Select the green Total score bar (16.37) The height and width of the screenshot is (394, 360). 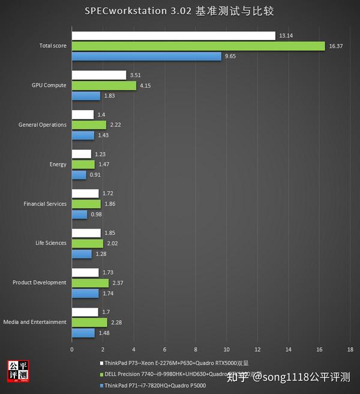(198, 46)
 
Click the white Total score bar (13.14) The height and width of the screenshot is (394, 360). (173, 36)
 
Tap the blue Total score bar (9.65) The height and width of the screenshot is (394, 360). (146, 56)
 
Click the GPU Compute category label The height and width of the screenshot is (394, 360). (49, 86)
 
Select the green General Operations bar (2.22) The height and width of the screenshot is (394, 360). (89, 125)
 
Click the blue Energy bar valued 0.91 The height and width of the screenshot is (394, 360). (79, 175)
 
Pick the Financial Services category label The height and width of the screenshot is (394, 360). (45, 204)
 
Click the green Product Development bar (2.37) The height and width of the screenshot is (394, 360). (90, 283)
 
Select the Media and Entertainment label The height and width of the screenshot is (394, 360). (35, 322)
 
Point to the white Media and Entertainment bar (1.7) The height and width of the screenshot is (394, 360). (85, 312)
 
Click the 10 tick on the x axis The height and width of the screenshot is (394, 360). (226, 349)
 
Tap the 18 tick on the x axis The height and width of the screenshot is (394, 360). (350, 349)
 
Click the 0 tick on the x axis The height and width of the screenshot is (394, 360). (72, 349)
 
